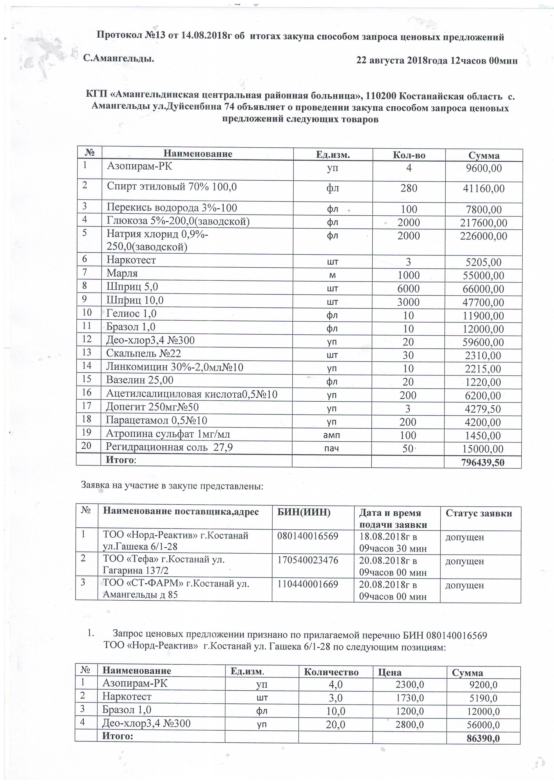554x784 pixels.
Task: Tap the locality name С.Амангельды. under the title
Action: (x=118, y=59)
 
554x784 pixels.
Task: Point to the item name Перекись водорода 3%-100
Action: (x=172, y=208)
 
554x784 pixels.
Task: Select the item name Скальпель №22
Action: (x=143, y=353)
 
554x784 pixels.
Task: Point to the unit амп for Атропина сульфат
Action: (x=332, y=435)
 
